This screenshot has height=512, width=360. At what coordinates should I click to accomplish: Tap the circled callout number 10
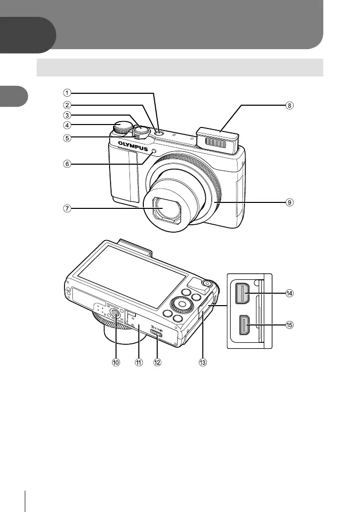tap(116, 363)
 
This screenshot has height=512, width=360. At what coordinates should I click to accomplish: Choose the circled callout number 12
tap(158, 363)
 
